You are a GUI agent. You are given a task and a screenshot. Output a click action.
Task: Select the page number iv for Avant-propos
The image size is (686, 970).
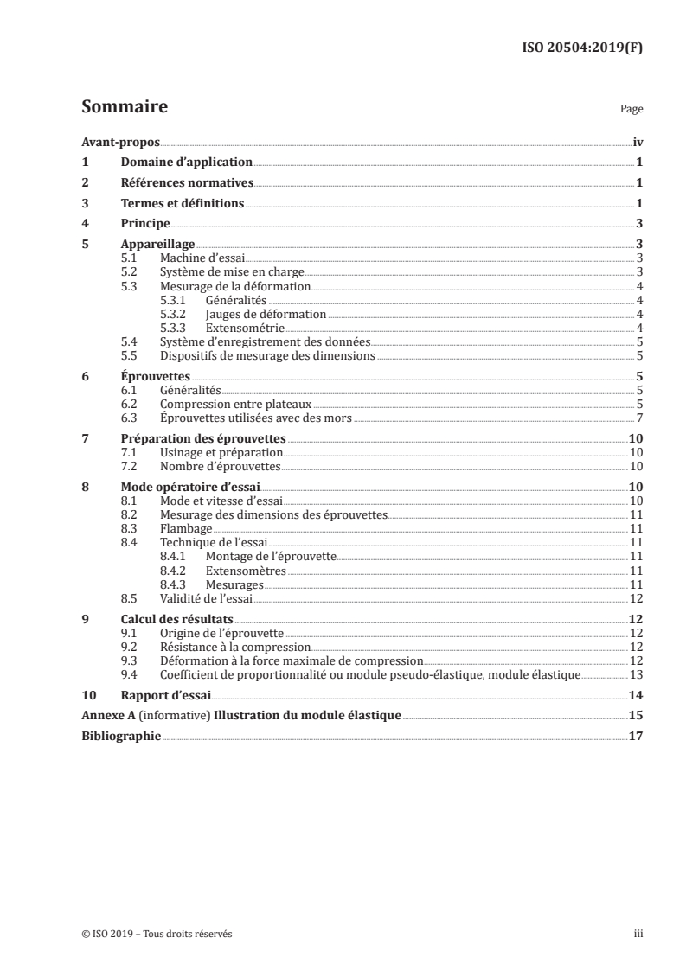point(637,142)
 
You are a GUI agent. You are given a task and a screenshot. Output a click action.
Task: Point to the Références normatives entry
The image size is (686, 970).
point(186,183)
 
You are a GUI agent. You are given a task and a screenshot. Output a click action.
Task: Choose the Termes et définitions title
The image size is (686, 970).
point(183,204)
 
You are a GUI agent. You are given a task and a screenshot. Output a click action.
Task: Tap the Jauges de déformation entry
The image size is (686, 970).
point(266,314)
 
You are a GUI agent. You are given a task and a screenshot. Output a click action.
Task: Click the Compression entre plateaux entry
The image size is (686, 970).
point(235,404)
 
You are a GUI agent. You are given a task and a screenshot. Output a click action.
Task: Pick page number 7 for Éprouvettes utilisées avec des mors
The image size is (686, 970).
point(638,418)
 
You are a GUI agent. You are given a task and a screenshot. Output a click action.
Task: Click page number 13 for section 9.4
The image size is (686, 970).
point(636,673)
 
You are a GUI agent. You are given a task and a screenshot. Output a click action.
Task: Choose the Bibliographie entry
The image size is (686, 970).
point(120,737)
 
